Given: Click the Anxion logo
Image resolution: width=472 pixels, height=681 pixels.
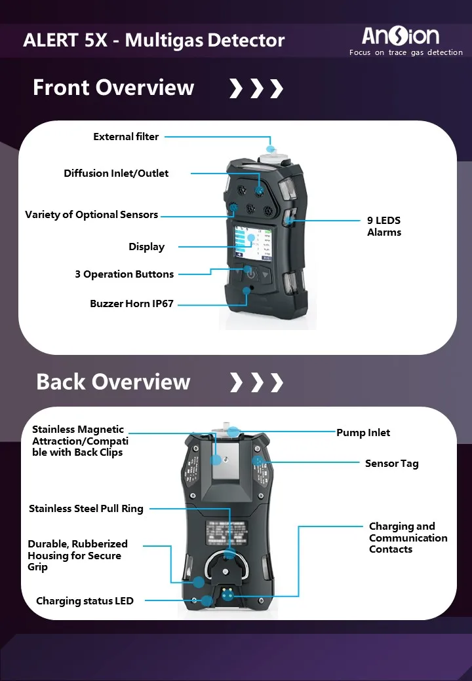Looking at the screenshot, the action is (401, 35).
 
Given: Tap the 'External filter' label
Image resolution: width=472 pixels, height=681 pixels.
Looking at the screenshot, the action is (126, 137).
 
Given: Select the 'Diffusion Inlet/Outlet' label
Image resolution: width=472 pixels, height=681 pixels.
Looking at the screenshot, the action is (116, 174).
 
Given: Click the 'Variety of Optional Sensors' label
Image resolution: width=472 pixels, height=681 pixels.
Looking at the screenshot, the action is (92, 215).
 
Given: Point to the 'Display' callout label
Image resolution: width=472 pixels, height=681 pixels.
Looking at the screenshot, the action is (146, 247).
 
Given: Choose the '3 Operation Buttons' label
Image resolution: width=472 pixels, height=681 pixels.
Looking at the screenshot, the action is (125, 274).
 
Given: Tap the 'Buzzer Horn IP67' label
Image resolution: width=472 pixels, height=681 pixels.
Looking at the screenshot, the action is (132, 304).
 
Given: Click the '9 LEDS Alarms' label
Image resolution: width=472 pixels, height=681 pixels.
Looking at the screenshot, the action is (383, 227).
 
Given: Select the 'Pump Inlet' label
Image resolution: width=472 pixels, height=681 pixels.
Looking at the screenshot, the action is (363, 433).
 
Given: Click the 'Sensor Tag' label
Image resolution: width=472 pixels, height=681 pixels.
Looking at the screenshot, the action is (391, 464).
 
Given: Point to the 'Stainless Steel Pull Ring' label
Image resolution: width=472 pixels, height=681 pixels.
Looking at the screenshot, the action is (86, 509).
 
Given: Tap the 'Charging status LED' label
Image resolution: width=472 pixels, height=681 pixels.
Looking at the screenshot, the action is (85, 601).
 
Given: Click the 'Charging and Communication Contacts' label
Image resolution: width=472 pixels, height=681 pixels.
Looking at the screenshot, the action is (408, 538).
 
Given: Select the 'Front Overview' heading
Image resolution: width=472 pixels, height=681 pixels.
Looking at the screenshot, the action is (113, 88).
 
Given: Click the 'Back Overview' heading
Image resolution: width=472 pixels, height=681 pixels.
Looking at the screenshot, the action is (113, 382).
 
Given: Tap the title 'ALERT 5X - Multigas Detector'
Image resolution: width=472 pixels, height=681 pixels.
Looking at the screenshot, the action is (154, 41).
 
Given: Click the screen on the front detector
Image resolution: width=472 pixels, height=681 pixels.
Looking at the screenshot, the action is (252, 244).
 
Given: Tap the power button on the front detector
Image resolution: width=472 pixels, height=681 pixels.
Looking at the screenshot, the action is (250, 274).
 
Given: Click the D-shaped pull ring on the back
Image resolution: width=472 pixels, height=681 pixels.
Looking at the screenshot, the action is (229, 564).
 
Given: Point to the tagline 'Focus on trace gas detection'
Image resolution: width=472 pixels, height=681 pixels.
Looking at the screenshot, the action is (406, 53).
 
